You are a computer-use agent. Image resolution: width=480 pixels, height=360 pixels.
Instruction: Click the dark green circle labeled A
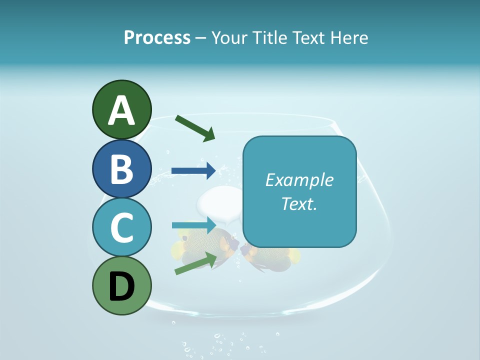(121, 109)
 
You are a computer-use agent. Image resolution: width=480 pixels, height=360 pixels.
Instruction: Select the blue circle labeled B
(121, 169)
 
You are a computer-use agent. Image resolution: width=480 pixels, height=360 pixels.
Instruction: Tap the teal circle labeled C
(121, 228)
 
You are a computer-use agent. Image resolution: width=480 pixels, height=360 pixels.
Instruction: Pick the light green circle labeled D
(121, 286)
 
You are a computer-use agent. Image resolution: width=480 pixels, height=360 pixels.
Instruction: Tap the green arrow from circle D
(195, 263)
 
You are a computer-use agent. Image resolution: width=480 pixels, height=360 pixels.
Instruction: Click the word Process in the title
(157, 38)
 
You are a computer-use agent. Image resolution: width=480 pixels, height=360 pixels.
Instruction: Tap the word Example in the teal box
(299, 180)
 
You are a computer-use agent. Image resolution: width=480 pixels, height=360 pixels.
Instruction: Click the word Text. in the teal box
(299, 203)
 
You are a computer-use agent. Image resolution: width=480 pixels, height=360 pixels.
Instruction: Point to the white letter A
(122, 111)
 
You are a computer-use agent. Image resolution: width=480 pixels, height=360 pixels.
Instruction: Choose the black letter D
(122, 287)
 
